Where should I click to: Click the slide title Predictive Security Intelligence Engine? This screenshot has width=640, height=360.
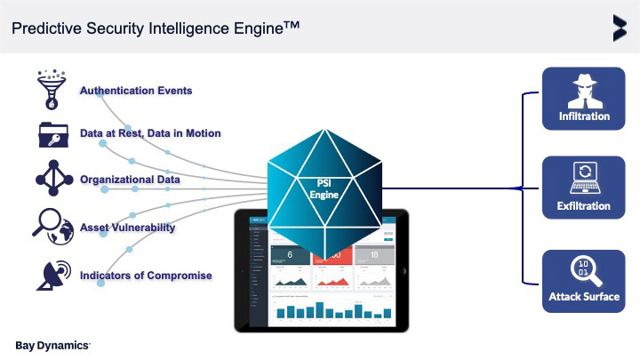(x=155, y=28)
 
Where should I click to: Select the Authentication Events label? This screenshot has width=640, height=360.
(x=136, y=91)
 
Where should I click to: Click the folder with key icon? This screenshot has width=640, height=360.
(x=54, y=133)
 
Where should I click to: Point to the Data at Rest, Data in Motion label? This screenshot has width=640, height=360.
(x=150, y=133)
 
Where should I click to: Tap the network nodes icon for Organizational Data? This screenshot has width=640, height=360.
(x=54, y=179)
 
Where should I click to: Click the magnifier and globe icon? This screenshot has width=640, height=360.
(x=53, y=226)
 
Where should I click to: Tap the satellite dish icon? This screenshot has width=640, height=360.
(x=53, y=275)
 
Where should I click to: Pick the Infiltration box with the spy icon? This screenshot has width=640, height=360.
(x=584, y=98)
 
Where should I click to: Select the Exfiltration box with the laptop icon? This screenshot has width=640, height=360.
(x=584, y=188)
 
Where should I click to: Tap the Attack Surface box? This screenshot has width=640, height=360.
(x=584, y=280)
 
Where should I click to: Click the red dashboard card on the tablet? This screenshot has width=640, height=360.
(x=331, y=267)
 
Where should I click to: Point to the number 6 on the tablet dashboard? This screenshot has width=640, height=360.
(x=291, y=256)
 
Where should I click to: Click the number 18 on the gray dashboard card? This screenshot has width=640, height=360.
(x=374, y=256)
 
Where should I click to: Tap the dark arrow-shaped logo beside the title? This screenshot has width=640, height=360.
(x=619, y=28)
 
